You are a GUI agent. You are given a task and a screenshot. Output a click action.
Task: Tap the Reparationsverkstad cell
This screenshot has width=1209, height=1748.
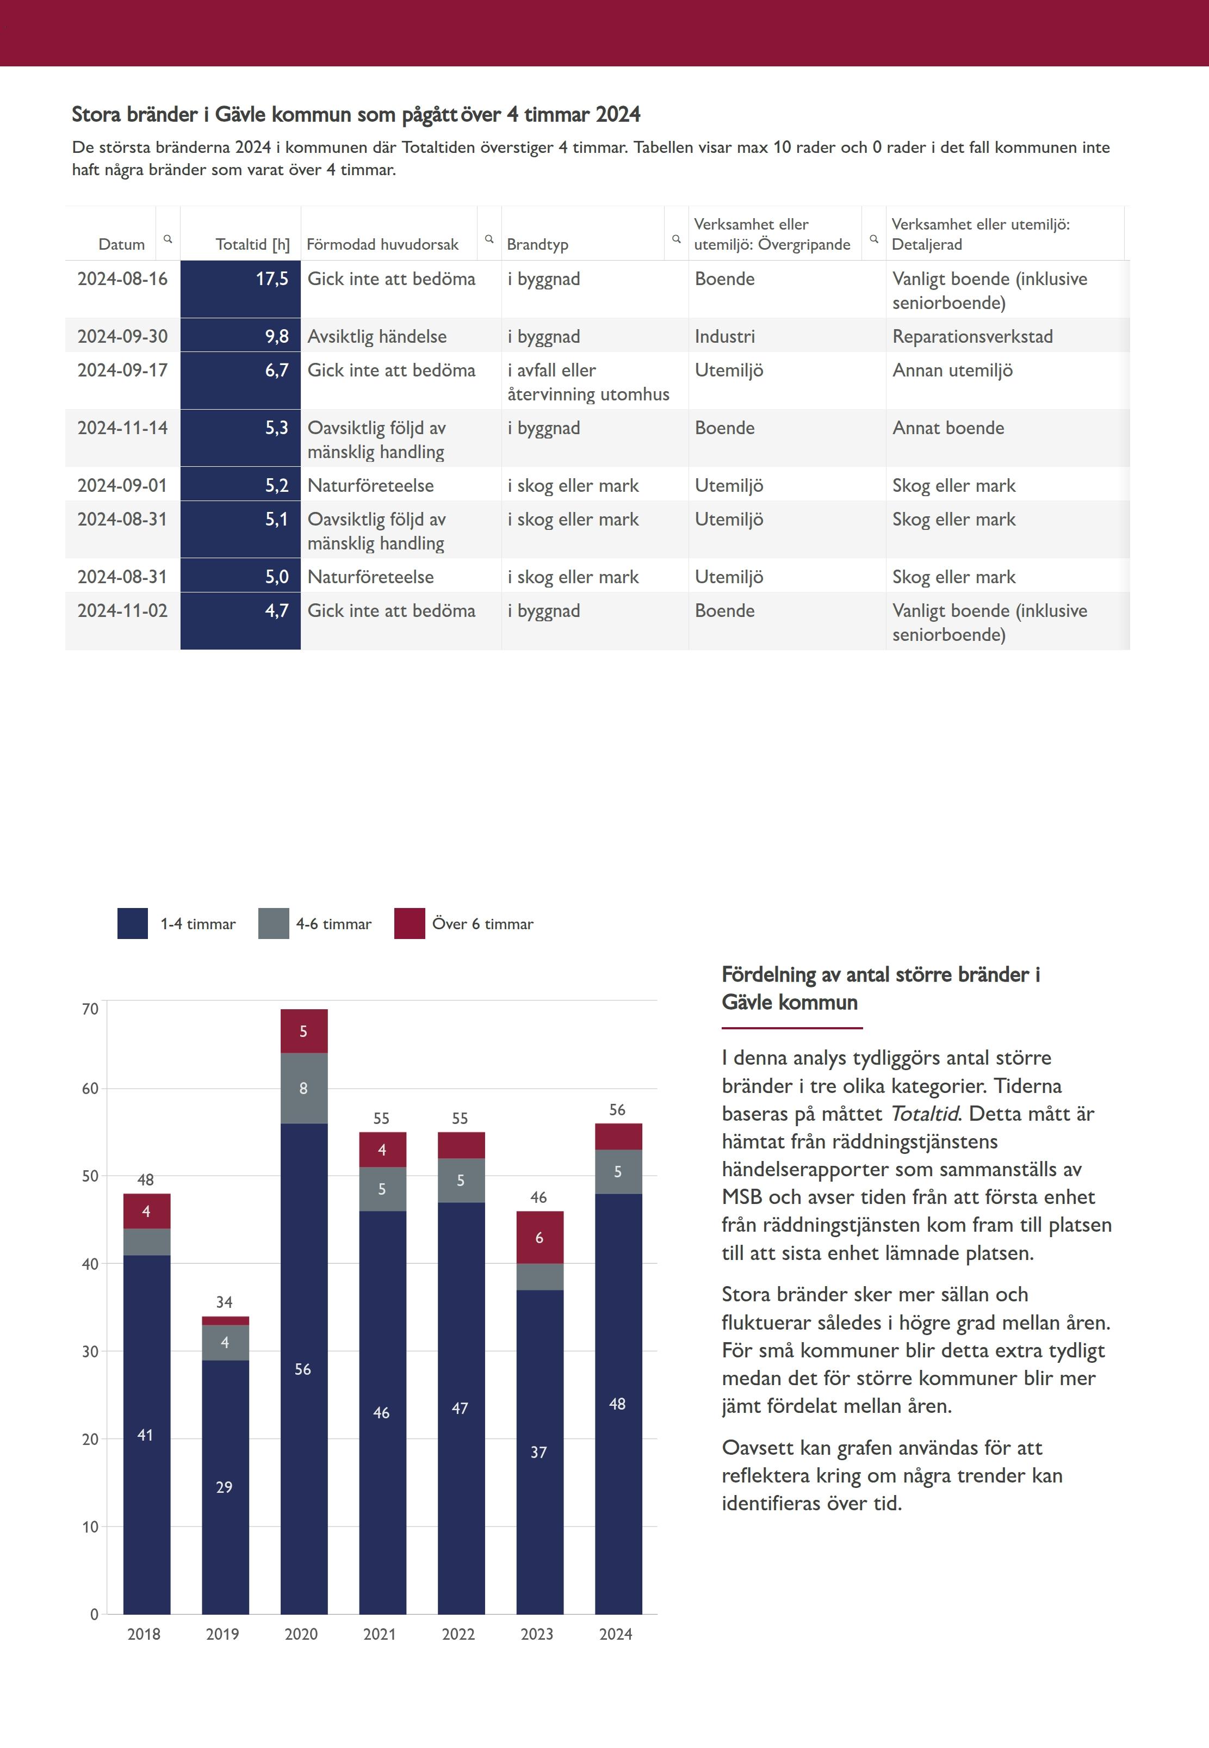972,336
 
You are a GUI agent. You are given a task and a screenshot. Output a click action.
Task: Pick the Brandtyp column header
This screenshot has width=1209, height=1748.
537,244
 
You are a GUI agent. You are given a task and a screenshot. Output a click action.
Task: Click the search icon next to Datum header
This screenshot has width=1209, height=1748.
168,239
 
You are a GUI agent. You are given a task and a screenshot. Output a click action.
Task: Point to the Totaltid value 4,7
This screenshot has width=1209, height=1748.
276,611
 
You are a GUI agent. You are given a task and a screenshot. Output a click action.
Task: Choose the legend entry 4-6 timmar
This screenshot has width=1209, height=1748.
333,924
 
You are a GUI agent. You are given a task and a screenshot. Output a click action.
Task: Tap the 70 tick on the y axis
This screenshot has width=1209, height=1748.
90,1009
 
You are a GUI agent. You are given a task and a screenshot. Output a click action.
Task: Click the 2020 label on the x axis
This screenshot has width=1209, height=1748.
301,1634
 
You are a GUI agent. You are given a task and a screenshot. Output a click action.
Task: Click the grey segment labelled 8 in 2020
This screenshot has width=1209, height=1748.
304,1088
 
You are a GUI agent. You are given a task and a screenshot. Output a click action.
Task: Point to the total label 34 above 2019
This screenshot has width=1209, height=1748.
224,1302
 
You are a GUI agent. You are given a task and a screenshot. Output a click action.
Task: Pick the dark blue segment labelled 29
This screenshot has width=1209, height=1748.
224,1487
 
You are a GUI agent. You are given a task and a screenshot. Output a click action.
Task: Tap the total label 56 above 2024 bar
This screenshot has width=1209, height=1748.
617,1109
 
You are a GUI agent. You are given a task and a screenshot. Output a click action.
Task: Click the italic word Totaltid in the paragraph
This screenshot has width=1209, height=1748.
924,1113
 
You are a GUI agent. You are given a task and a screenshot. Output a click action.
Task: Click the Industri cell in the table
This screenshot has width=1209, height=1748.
724,336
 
